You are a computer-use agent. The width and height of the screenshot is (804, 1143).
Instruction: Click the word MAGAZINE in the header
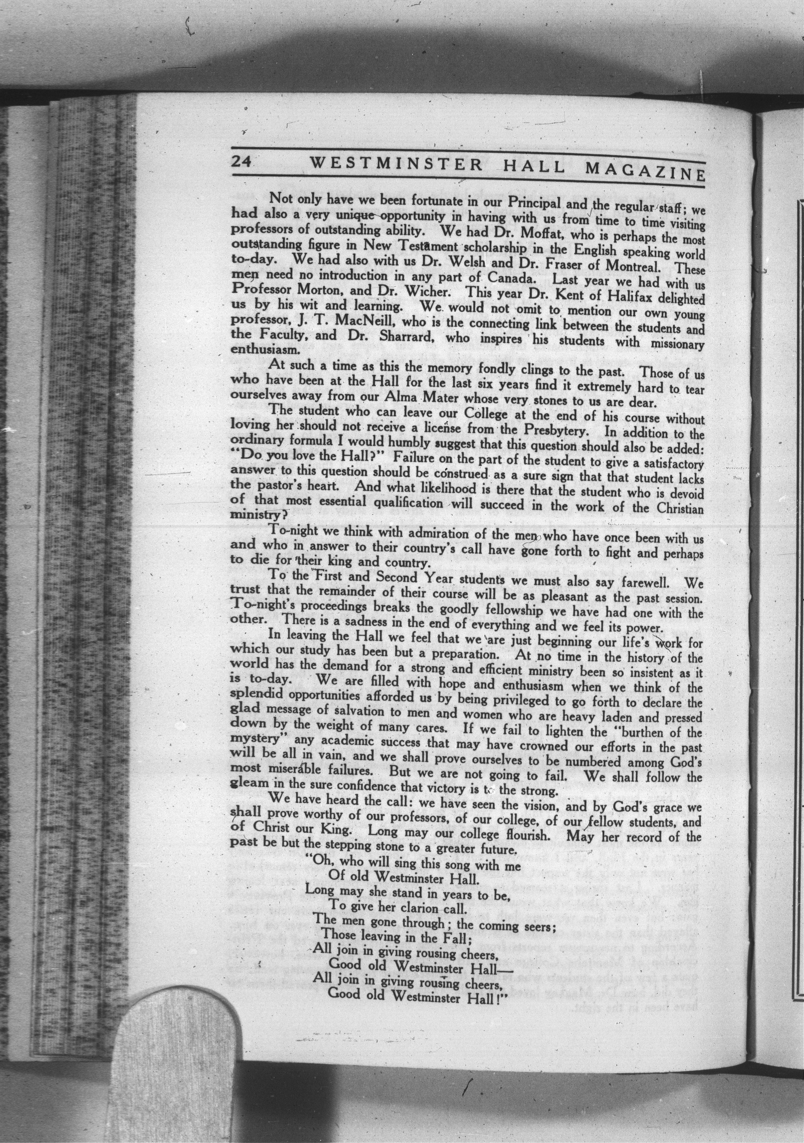(x=645, y=172)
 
